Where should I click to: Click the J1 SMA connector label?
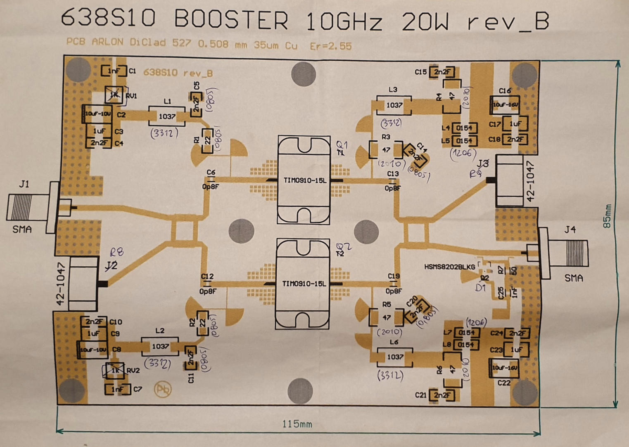(24, 184)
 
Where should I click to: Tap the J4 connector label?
(570, 229)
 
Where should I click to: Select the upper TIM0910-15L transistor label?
(305, 180)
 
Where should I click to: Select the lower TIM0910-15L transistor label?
(304, 284)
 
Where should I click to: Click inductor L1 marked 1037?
(167, 116)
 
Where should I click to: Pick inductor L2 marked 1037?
(160, 346)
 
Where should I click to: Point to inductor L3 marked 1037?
(394, 105)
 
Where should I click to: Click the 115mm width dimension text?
(297, 424)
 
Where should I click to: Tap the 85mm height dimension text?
(607, 216)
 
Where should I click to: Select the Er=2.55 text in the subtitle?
(331, 46)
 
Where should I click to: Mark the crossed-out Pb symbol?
(163, 389)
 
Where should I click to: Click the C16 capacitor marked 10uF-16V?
(505, 105)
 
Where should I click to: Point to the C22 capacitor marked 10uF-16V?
(504, 367)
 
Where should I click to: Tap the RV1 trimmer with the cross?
(114, 95)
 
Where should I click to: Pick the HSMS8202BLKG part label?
(449, 267)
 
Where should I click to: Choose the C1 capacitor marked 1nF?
(114, 71)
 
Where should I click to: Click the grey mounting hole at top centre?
(304, 74)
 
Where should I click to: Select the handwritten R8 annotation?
(116, 252)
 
